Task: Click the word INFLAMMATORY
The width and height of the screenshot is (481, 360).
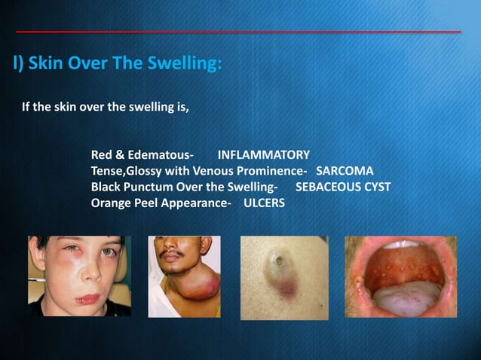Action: point(263,155)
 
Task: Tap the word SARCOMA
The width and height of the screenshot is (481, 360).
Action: point(345,171)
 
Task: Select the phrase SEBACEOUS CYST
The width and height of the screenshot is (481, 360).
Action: point(343,187)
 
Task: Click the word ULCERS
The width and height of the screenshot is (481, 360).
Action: point(264,203)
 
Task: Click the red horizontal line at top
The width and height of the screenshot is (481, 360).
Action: point(238,32)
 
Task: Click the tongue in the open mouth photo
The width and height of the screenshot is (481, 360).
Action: point(400,301)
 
